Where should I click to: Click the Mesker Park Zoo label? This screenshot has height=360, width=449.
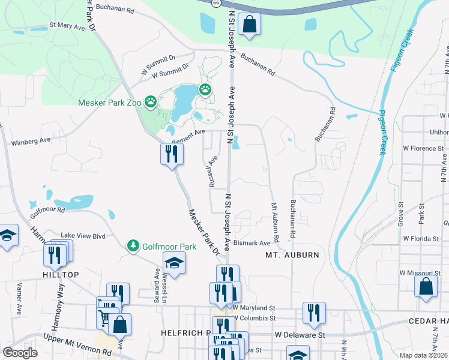pyautogui.click(x=110, y=103)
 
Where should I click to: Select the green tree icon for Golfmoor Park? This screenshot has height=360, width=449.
pyautogui.click(x=133, y=246)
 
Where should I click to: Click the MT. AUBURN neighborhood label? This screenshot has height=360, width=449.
pyautogui.click(x=292, y=255)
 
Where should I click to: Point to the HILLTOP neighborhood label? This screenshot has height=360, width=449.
pyautogui.click(x=60, y=274)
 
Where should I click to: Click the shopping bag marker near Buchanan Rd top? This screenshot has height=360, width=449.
pyautogui.click(x=249, y=25)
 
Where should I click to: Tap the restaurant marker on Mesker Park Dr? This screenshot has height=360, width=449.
pyautogui.click(x=171, y=154)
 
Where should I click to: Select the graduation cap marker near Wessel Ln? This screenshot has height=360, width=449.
pyautogui.click(x=174, y=263)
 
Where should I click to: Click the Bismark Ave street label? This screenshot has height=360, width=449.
pyautogui.click(x=252, y=243)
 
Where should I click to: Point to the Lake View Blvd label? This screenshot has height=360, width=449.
pyautogui.click(x=83, y=236)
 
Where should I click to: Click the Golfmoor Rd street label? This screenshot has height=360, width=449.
pyautogui.click(x=47, y=210)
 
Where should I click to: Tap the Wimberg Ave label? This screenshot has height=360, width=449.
pyautogui.click(x=31, y=142)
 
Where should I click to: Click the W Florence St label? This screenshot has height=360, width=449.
pyautogui.click(x=423, y=148)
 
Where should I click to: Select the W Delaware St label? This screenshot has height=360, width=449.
pyautogui.click(x=300, y=334)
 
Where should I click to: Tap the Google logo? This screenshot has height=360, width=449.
pyautogui.click(x=20, y=353)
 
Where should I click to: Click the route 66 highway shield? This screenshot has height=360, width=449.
pyautogui.click(x=215, y=3)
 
